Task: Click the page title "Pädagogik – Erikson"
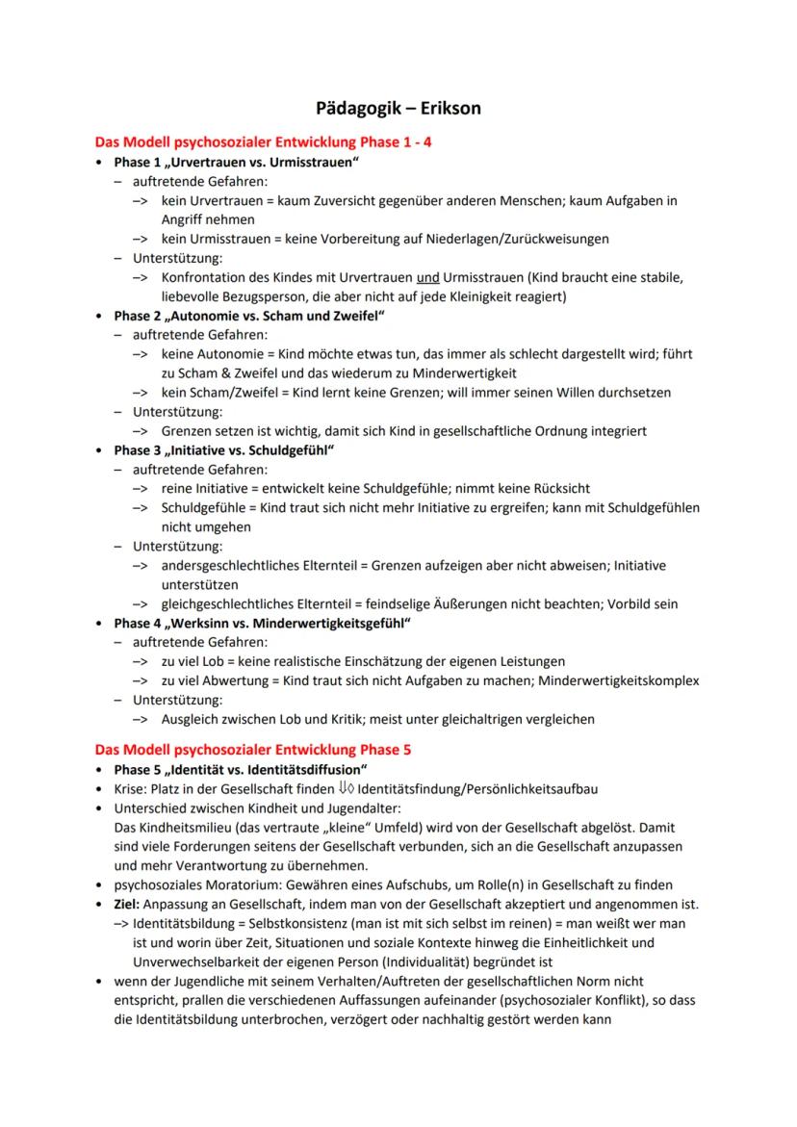tap(398, 108)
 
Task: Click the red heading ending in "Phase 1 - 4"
tap(263, 141)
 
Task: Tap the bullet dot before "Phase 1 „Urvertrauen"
tap(100, 162)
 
